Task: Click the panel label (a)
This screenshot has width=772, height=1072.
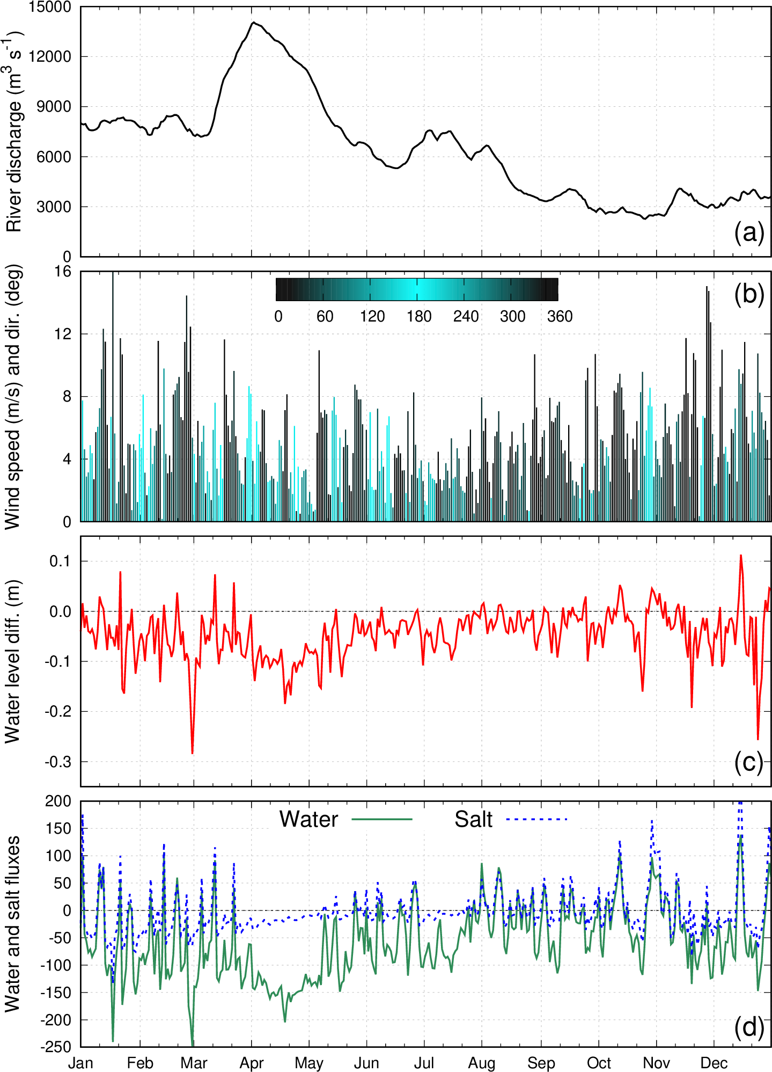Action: pos(748,234)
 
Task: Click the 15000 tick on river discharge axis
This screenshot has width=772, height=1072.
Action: pos(50,8)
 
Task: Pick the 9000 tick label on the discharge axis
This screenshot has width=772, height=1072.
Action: pos(54,107)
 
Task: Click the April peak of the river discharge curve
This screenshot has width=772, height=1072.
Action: pos(253,23)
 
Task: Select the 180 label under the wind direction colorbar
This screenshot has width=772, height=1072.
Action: pos(419,316)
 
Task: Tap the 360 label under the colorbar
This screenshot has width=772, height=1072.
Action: pos(560,316)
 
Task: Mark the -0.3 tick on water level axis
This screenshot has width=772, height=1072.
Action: pos(58,762)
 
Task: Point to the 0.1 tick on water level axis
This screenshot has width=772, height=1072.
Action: pos(61,561)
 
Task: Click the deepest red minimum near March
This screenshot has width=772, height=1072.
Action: pos(193,753)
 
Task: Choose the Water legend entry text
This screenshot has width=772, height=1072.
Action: pos(308,819)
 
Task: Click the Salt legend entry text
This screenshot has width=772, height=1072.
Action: pos(473,819)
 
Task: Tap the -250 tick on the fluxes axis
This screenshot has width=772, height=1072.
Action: pos(56,1047)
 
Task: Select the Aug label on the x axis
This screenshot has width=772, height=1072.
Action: pos(482,1063)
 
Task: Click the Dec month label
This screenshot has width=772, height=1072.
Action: pos(714,1063)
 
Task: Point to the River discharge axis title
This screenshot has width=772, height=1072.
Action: pos(14,132)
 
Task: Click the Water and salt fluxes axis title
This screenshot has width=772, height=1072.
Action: pos(13,923)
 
